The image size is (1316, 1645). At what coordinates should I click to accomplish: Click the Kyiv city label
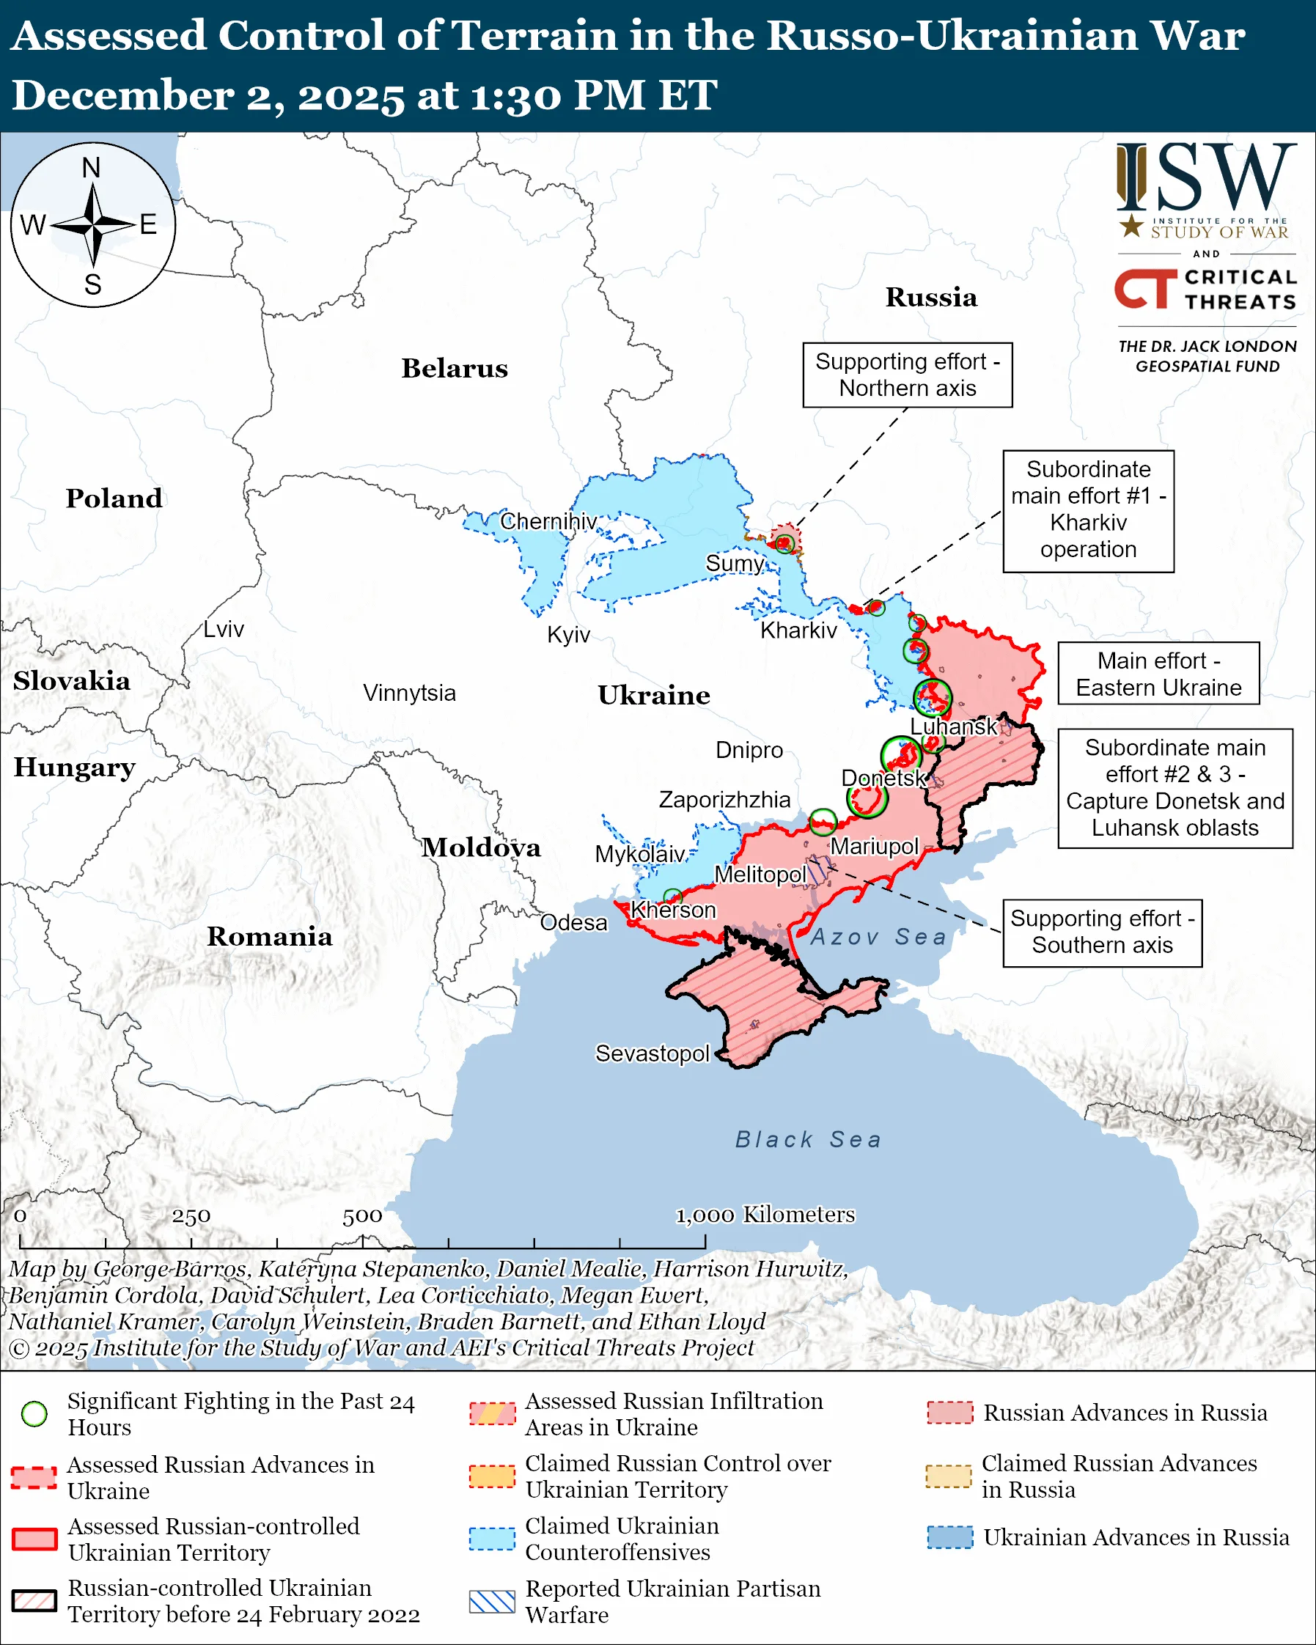tap(568, 635)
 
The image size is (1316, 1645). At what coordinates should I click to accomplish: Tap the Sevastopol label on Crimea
tap(653, 1053)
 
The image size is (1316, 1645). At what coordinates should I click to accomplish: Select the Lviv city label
tap(224, 630)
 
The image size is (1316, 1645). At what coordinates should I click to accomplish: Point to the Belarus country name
tap(455, 369)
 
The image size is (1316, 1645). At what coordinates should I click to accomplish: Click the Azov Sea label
tap(878, 937)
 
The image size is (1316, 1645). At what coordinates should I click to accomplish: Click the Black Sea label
tap(808, 1140)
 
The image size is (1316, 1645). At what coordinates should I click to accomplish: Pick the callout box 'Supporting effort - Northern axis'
tap(907, 375)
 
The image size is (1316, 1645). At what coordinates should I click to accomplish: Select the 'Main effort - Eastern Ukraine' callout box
tap(1158, 674)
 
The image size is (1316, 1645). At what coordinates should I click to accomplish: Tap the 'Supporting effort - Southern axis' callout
tap(1102, 932)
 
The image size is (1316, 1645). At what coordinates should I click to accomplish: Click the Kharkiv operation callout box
tap(1088, 509)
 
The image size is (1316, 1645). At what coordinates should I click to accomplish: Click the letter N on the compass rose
tap(92, 168)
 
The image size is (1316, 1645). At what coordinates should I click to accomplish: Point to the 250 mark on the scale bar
tap(191, 1216)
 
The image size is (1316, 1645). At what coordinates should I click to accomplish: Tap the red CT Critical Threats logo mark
tap(1145, 289)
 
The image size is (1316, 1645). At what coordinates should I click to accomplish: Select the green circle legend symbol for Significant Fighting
tap(34, 1414)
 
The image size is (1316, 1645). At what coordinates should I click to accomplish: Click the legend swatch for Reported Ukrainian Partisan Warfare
tap(492, 1601)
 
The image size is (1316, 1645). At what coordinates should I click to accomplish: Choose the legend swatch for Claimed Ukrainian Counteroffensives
tap(492, 1538)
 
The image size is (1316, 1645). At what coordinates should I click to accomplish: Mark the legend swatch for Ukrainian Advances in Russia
tap(950, 1537)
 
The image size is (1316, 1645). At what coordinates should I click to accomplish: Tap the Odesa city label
tap(574, 922)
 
